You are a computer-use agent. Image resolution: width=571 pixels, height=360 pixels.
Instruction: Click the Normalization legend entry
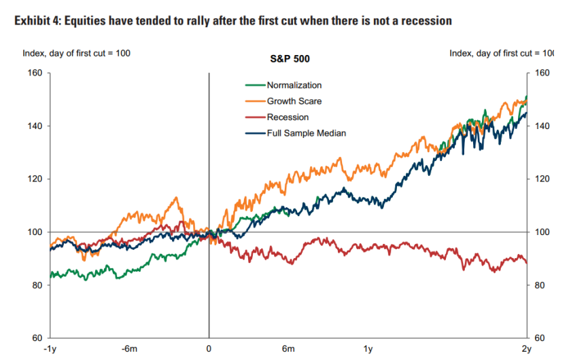click(294, 86)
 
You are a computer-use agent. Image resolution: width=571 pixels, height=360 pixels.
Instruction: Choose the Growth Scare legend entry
click(294, 101)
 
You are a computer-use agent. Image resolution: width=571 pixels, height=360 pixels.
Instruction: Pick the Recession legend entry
click(288, 118)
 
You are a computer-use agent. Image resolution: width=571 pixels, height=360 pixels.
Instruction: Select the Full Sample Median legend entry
click(306, 133)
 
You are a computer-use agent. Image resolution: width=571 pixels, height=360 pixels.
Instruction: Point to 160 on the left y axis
click(34, 73)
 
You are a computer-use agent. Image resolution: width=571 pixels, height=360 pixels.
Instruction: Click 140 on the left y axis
click(34, 126)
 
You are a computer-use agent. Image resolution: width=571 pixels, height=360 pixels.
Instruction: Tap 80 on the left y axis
click(36, 285)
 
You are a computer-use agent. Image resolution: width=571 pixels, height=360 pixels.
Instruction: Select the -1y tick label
click(49, 349)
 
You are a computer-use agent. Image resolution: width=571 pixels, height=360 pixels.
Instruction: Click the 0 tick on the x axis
click(209, 349)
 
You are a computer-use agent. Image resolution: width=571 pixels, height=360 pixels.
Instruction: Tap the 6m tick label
click(288, 349)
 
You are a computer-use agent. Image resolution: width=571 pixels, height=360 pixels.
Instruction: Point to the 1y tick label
click(368, 349)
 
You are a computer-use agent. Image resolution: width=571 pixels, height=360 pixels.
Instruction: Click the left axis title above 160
click(76, 53)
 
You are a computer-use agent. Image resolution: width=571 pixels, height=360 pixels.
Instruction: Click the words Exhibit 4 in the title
click(36, 21)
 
